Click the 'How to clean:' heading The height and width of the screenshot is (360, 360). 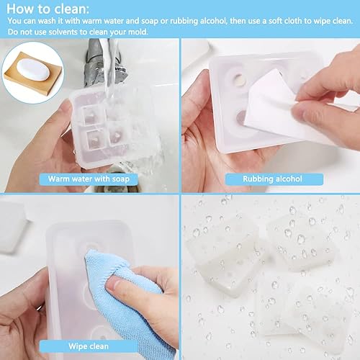click(x=48, y=9)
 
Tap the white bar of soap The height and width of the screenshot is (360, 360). click(x=33, y=70)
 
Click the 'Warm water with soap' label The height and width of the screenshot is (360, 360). click(x=89, y=179)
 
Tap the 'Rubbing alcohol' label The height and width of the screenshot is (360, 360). click(x=272, y=179)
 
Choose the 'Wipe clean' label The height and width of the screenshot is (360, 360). click(x=89, y=346)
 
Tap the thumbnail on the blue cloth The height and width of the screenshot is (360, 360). click(x=116, y=285)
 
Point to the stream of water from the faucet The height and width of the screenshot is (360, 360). click(x=110, y=67)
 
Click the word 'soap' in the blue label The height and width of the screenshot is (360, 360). click(x=121, y=179)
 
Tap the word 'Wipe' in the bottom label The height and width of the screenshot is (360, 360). click(x=77, y=346)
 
